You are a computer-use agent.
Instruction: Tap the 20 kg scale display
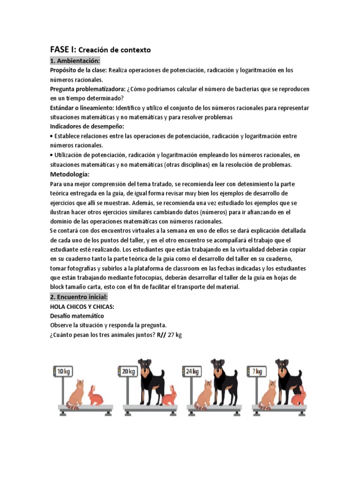pyautogui.click(x=128, y=371)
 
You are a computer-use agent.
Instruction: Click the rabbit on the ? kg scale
pyautogui.click(x=298, y=396)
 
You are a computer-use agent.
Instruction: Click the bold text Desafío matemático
pyautogui.click(x=77, y=316)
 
